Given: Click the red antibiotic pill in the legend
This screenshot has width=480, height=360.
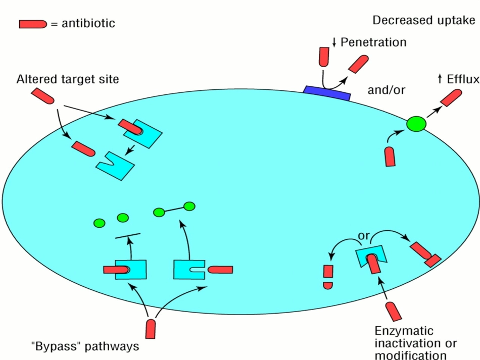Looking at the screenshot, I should pos(32,24).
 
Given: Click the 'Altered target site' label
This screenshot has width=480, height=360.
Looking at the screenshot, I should pos(68,80).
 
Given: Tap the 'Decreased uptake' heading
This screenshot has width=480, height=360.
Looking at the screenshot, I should pos(423,20).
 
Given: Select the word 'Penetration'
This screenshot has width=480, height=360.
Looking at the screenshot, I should pos(373,42).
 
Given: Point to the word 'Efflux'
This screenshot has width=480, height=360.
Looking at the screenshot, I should pos(462,79).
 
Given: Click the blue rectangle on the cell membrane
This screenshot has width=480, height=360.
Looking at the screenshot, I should pos(327,93).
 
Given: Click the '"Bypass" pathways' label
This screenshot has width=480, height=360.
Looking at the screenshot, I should pos(84,347).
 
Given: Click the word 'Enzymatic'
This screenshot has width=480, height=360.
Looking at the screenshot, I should pos(404,331).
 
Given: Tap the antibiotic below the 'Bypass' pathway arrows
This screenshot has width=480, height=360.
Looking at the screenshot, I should pos(151,328).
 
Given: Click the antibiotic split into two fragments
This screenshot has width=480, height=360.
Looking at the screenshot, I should pos(328,277).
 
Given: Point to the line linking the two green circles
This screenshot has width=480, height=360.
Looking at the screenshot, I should pos(174,209).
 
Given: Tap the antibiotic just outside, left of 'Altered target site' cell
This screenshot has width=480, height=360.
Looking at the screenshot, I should pos(43,96).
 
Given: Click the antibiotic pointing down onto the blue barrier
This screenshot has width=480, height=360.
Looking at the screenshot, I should pos(324,57).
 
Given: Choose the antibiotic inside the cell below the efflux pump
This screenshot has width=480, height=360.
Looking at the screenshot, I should pos(390,157).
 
